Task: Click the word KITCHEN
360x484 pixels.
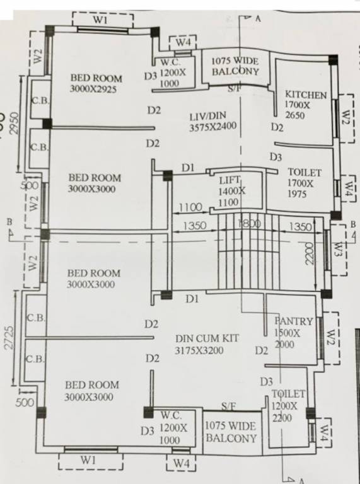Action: (306, 95)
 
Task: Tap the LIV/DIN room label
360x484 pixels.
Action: (207, 116)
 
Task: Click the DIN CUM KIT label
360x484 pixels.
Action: (207, 338)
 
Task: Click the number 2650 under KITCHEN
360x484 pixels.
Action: (294, 115)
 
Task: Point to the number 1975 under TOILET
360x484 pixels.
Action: (295, 194)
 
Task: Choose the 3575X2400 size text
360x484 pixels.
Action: (213, 126)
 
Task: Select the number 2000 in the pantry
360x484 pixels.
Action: (285, 345)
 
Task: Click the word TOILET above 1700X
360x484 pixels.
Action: (305, 172)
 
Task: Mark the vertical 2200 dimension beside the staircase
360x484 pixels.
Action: (309, 253)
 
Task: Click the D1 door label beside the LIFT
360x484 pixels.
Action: (188, 168)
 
